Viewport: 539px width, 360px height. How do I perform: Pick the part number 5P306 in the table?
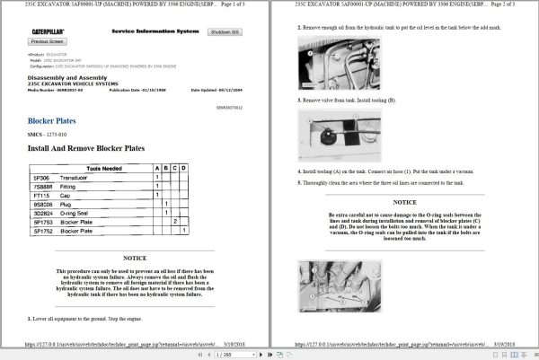pos(41,177)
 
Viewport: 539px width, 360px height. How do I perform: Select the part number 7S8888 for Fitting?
pos(42,186)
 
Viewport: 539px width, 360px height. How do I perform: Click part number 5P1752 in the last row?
pos(43,231)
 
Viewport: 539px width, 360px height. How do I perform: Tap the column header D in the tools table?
pos(184,168)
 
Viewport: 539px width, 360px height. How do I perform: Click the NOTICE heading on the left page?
pos(135,258)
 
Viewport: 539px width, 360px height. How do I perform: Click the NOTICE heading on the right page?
pos(404,203)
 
